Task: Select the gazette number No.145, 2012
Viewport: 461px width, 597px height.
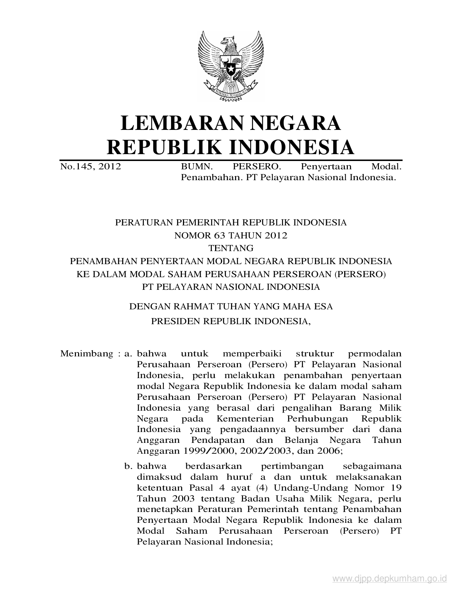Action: tap(90, 167)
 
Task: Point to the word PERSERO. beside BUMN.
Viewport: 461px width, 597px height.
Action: tap(256, 167)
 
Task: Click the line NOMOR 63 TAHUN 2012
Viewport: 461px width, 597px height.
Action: tap(231, 236)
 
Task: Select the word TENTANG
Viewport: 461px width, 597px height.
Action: tap(231, 248)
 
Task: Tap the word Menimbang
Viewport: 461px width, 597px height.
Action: tap(87, 353)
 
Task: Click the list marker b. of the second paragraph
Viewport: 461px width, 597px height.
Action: tap(128, 466)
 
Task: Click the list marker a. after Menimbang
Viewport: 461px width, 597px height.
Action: tap(128, 353)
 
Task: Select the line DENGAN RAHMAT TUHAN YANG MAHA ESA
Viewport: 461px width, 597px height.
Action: tap(231, 306)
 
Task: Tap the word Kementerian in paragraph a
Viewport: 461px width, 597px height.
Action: tap(246, 419)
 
